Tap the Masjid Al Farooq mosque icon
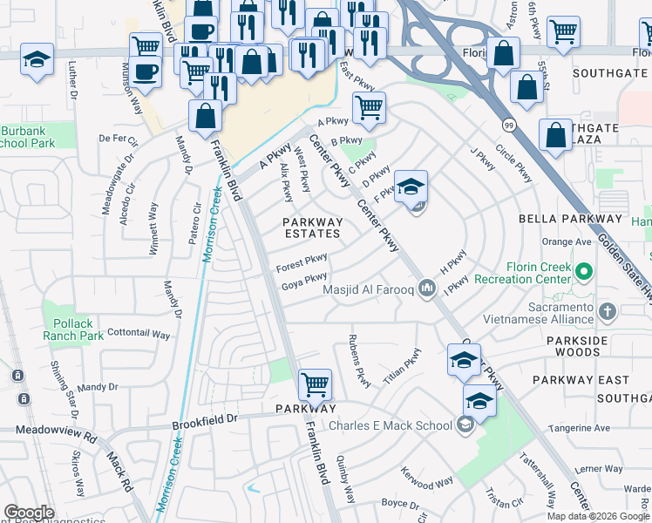click(x=426, y=288)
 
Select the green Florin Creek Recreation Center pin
click(x=584, y=272)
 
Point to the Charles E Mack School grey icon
click(x=465, y=425)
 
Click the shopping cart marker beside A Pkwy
click(x=369, y=108)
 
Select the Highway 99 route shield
click(x=508, y=125)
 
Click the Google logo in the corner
click(x=29, y=512)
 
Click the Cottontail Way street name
click(x=138, y=333)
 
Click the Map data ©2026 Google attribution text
click(x=597, y=515)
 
